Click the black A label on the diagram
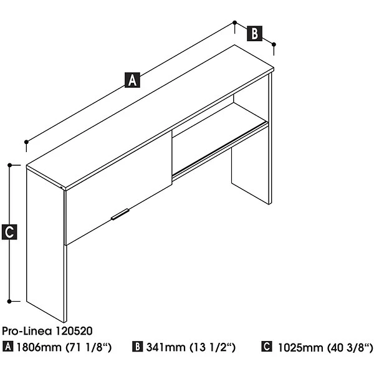pyautogui.click(x=132, y=80)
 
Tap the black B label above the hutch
pyautogui.click(x=254, y=34)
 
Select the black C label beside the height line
pyautogui.click(x=9, y=232)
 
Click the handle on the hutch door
pyautogui.click(x=120, y=214)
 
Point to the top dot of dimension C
pyautogui.click(x=9, y=165)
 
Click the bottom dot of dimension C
pyautogui.click(x=9, y=302)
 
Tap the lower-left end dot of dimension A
pyautogui.click(x=26, y=142)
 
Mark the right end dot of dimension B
pyautogui.click(x=274, y=44)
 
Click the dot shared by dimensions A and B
pyautogui.click(x=235, y=22)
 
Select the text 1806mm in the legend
pyautogui.click(x=39, y=347)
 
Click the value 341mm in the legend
pyautogui.click(x=166, y=347)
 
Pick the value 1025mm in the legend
pyautogui.click(x=300, y=348)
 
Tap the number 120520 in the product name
pyautogui.click(x=74, y=331)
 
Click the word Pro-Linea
pyautogui.click(x=27, y=331)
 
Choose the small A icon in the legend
pyautogui.click(x=8, y=347)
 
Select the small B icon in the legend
pyautogui.click(x=137, y=347)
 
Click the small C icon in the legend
pyautogui.click(x=266, y=347)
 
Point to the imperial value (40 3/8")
pyautogui.click(x=350, y=348)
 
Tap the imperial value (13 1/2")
pyautogui.click(x=213, y=348)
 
